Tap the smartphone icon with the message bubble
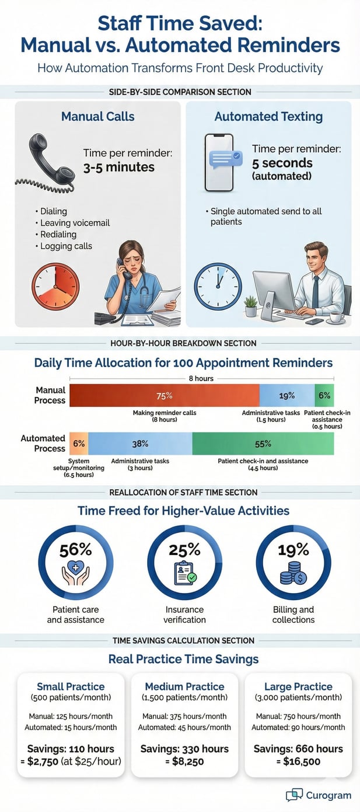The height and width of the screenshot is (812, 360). [220, 162]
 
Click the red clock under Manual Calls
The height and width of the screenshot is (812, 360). [55, 287]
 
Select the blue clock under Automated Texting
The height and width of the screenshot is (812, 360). [218, 286]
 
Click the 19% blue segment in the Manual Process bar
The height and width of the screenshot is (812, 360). [286, 395]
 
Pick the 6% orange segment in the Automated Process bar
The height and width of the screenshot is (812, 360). [79, 444]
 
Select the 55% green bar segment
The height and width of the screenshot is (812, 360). [263, 444]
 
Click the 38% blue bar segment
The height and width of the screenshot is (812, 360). [140, 444]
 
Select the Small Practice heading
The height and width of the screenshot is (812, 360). [71, 686]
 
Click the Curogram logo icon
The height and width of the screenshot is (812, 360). [294, 794]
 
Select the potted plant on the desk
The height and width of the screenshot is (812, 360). [251, 305]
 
